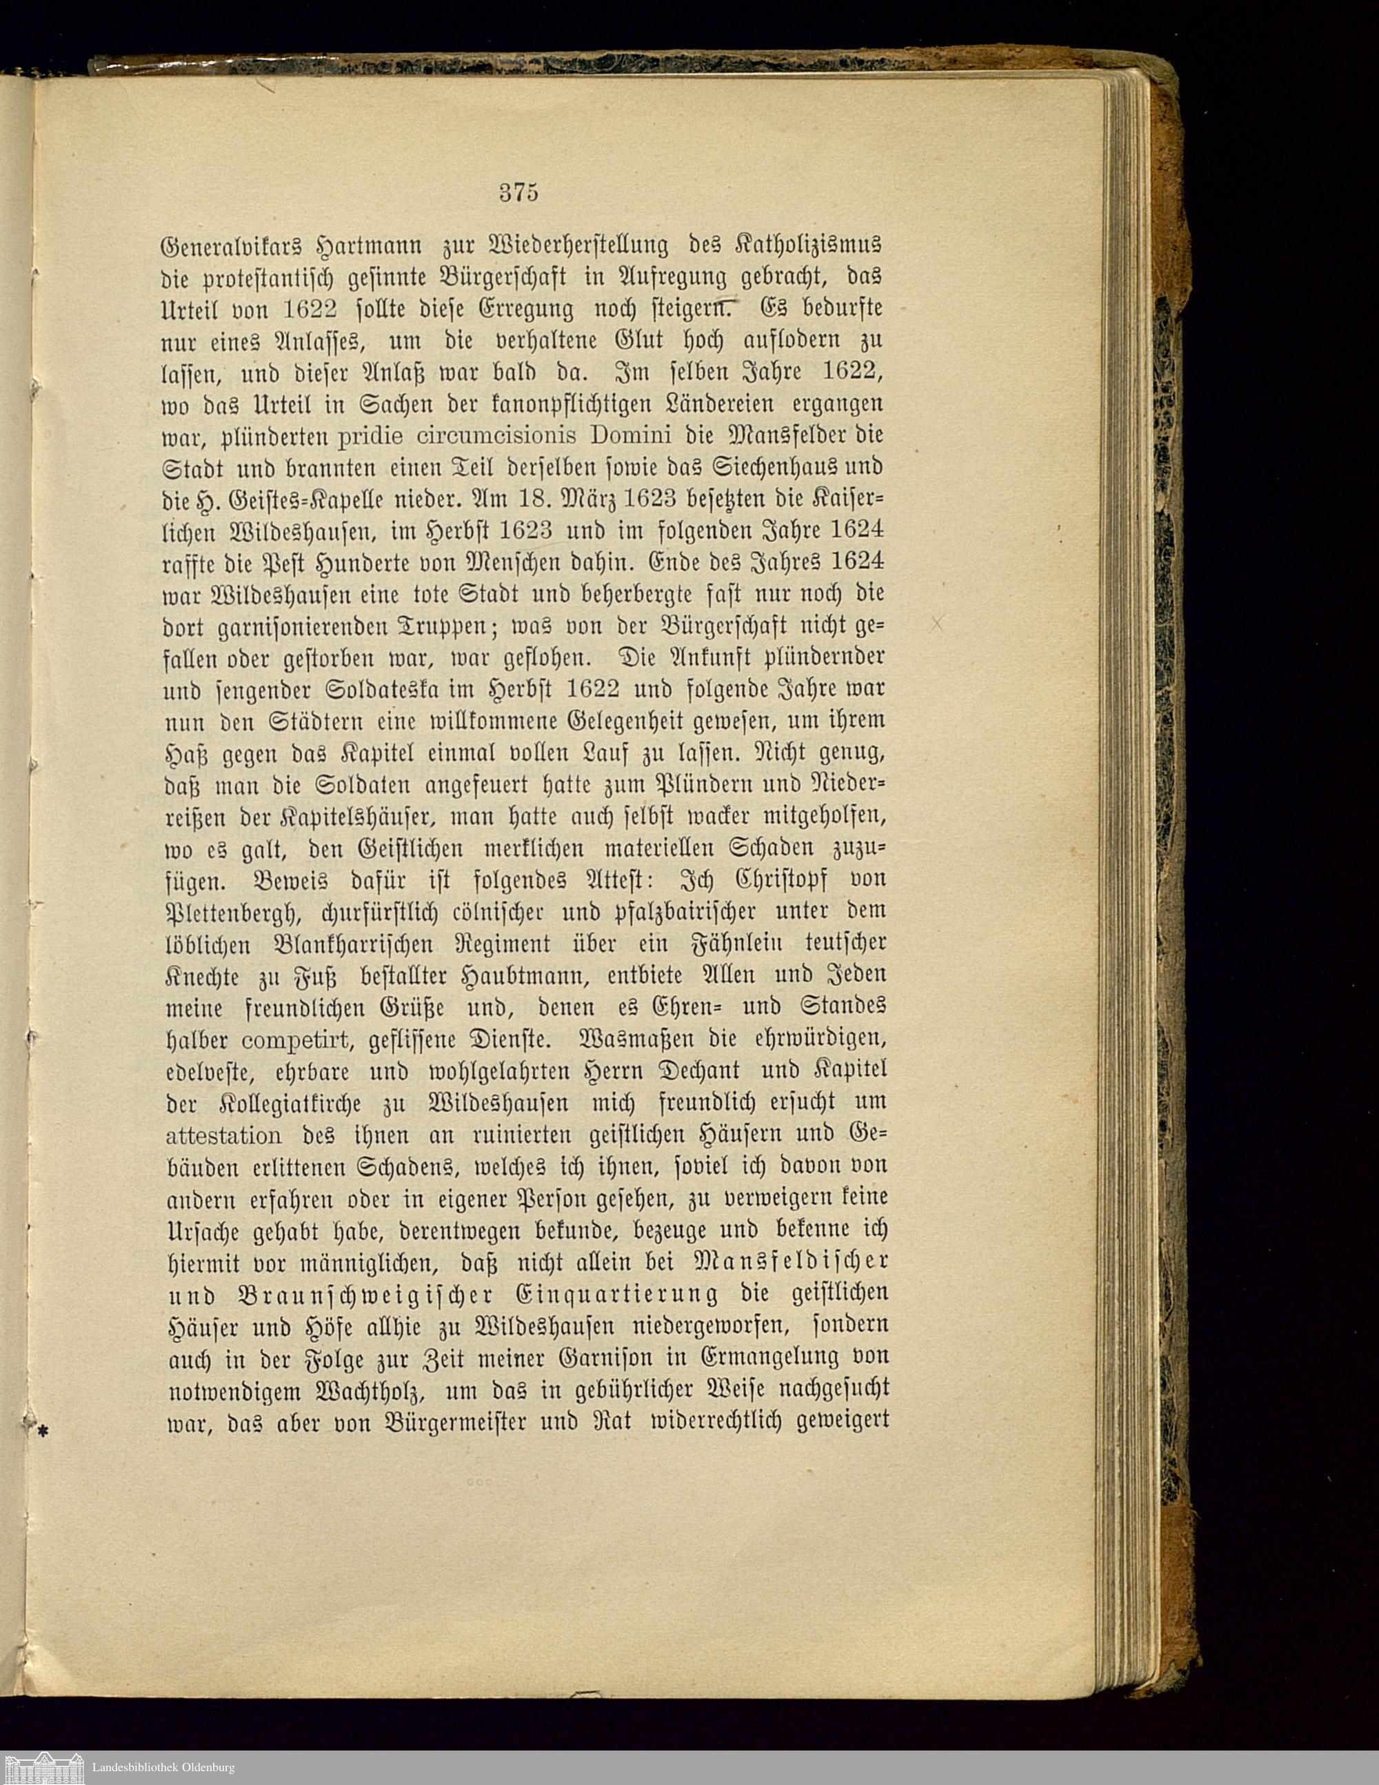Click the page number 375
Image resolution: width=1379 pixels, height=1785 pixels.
517,194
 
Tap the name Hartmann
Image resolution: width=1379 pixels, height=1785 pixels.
380,244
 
